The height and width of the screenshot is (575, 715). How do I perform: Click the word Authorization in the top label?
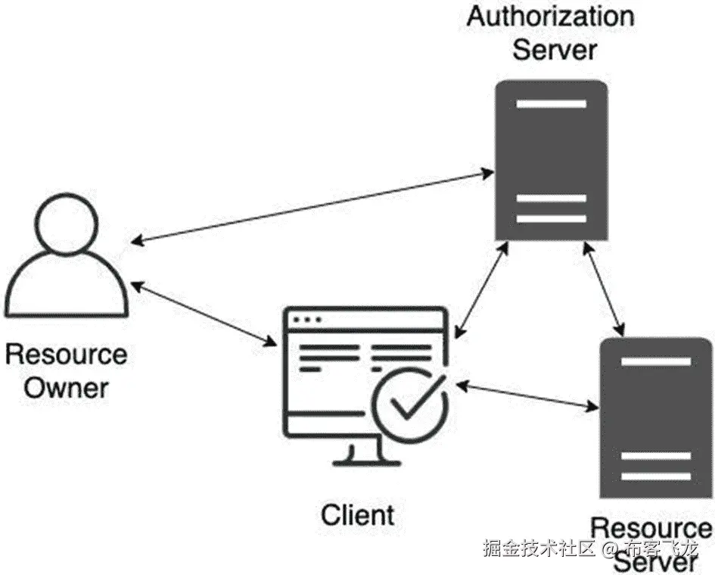point(550,17)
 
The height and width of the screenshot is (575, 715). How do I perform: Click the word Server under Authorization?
point(555,50)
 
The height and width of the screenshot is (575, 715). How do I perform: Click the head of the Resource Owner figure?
point(67,220)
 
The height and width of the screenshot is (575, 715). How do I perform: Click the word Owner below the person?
point(67,388)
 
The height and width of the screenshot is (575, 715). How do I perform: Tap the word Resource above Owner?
point(67,354)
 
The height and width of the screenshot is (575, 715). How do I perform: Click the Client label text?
point(358,515)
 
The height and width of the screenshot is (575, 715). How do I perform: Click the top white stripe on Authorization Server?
point(551,104)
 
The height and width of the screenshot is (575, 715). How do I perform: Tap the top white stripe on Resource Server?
point(655,361)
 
